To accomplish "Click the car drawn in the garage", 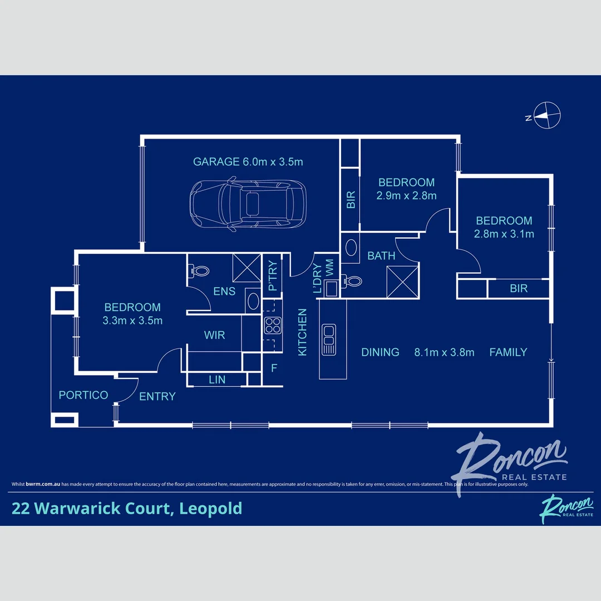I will tap(248, 204).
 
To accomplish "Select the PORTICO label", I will tap(83, 395).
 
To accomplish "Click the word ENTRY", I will tap(157, 396).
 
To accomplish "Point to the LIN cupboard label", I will tap(217, 380).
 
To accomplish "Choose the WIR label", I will tap(214, 335).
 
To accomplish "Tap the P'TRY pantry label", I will tap(273, 277).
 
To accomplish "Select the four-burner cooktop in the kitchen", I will tap(272, 324).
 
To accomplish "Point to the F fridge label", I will tap(273, 368).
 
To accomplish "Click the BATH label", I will tap(381, 256).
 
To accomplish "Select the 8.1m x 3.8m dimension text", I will tap(444, 352).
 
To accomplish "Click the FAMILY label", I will tap(508, 352).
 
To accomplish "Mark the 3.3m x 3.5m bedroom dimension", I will tap(132, 321).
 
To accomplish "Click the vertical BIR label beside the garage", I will tap(351, 200).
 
